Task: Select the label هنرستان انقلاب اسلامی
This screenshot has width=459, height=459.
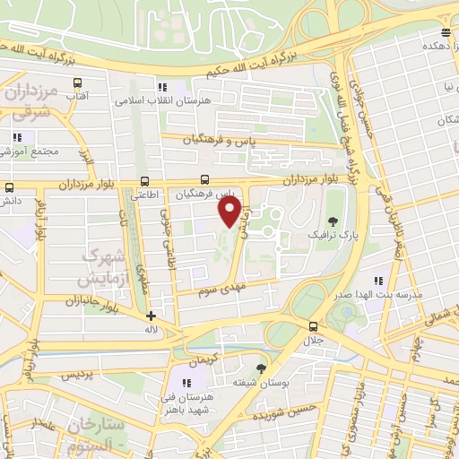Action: tap(162, 100)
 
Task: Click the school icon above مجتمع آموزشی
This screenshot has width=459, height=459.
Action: tap(16, 137)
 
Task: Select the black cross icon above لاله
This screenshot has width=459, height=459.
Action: tap(151, 316)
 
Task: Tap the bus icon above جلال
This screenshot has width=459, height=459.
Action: tap(313, 326)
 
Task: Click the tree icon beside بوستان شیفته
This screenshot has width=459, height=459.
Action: tap(261, 368)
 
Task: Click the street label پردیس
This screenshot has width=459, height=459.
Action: tap(77, 377)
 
